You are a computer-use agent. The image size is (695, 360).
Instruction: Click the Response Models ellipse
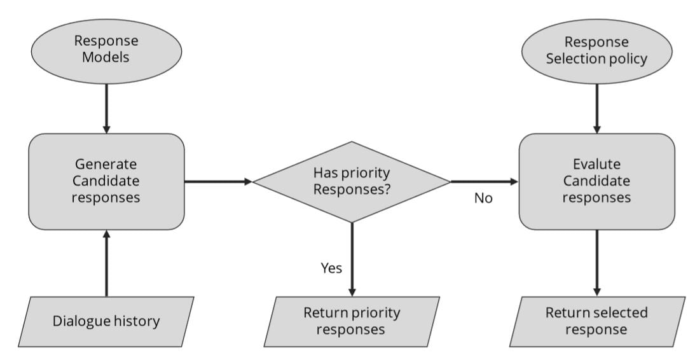tap(106, 50)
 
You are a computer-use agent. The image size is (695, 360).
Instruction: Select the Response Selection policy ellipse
tap(596, 51)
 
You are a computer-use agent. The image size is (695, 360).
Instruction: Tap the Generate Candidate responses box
tap(106, 181)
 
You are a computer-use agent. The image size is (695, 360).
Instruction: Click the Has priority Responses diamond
tap(352, 181)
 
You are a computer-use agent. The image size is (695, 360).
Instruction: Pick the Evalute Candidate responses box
tap(596, 181)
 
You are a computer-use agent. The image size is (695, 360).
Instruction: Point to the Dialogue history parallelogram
tap(106, 321)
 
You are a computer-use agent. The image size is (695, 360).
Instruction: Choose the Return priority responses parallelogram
tap(352, 321)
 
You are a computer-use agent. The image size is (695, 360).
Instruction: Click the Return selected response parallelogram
tap(596, 321)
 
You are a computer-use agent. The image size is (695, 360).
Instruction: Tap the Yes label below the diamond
tap(331, 268)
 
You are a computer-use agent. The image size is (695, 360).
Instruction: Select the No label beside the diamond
tap(483, 198)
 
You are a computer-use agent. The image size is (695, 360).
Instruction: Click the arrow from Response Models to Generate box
tap(106, 108)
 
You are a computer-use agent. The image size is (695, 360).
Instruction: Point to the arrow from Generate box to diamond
tap(218, 181)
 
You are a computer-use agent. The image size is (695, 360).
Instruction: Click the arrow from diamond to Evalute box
tap(485, 181)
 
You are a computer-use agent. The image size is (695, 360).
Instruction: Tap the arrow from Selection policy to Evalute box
tap(596, 108)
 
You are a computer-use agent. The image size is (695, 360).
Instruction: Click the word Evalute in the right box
tap(596, 164)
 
